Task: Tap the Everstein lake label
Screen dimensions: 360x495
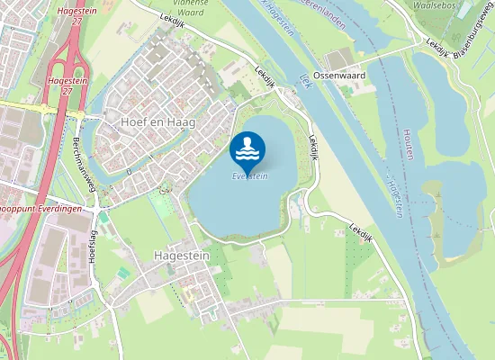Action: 250,176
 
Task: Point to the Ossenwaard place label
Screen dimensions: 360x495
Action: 339,76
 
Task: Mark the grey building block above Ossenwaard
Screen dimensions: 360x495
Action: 338,59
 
